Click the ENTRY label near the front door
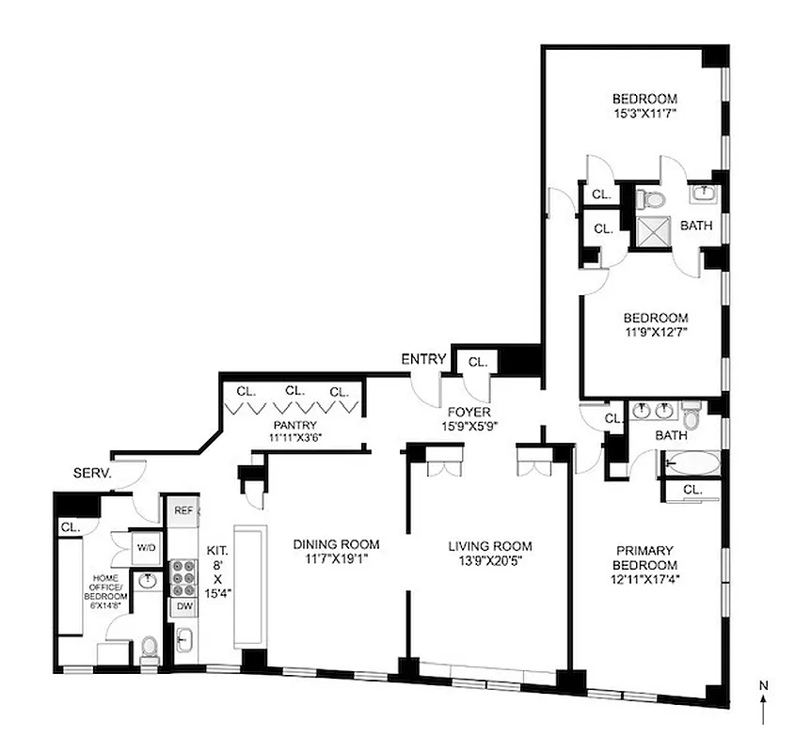(422, 359)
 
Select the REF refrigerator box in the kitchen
(183, 510)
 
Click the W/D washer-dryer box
(146, 547)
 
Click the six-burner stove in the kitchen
(183, 577)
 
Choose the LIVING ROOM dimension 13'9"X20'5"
(489, 562)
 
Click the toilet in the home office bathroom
(149, 647)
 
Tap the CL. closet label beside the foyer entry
(477, 361)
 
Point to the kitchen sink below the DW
(183, 640)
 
